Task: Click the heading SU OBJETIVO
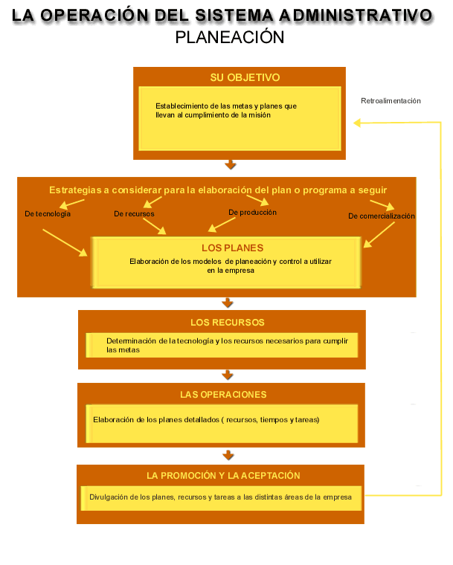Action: [x=245, y=77]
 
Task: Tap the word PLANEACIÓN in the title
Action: [x=230, y=37]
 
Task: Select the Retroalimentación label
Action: [x=391, y=101]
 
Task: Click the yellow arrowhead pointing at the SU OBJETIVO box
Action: [x=357, y=123]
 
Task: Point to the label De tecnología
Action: [x=48, y=214]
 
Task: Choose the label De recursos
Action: [x=134, y=214]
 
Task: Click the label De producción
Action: [x=252, y=213]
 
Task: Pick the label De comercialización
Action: [x=382, y=216]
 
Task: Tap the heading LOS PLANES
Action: [x=233, y=248]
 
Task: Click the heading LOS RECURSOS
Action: [x=228, y=323]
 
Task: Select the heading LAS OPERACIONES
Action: [x=223, y=395]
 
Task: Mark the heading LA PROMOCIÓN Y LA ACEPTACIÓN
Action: [x=223, y=476]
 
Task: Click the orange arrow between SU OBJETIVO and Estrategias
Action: [x=231, y=165]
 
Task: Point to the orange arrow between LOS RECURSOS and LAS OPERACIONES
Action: [x=228, y=375]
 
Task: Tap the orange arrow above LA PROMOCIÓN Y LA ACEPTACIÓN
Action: [x=228, y=455]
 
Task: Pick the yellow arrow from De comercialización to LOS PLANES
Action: [x=379, y=235]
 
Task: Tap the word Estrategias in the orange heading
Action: [x=75, y=190]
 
